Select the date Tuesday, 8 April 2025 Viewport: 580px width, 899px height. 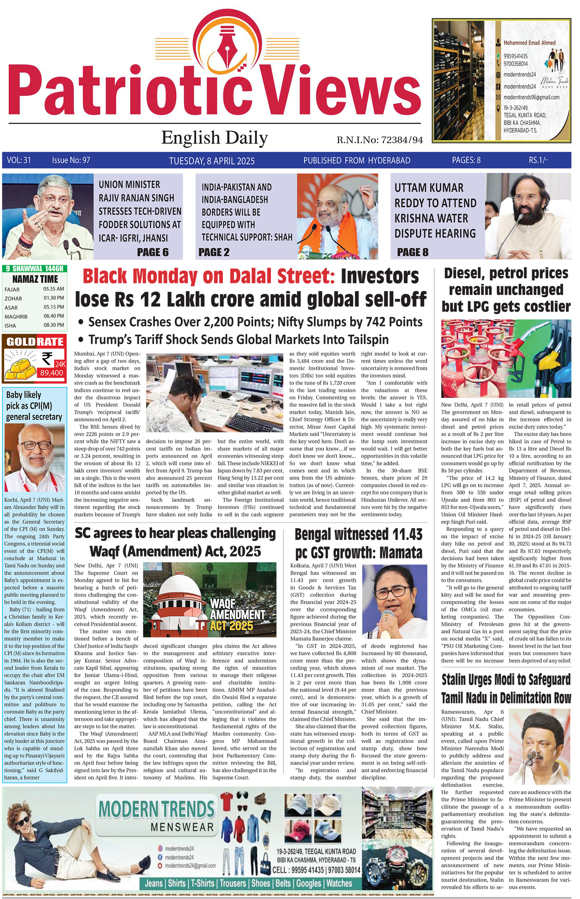[x=212, y=161]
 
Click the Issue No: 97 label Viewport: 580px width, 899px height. [x=71, y=160]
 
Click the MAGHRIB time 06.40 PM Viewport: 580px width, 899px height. [x=54, y=316]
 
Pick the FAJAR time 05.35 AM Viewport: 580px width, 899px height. [x=54, y=289]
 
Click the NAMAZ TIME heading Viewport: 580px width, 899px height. [x=35, y=279]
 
